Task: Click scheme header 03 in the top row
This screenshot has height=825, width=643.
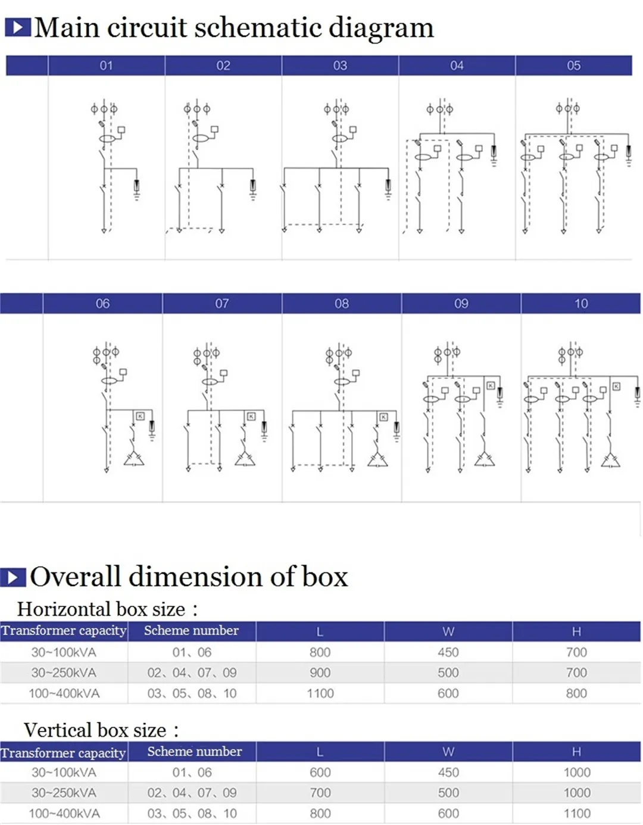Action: coord(340,66)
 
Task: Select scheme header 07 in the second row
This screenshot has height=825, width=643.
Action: coord(222,304)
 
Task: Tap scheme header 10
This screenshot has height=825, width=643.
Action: coord(581,304)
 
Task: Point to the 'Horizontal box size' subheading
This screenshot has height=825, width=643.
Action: coord(101,609)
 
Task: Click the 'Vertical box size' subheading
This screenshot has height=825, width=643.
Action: coord(95,730)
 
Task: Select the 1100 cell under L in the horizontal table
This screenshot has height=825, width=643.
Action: coord(320,693)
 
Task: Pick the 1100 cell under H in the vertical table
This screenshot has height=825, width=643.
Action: coord(576,813)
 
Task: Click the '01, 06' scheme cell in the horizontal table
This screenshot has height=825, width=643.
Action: coord(192,652)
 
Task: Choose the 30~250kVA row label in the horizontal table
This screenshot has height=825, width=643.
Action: coord(64,673)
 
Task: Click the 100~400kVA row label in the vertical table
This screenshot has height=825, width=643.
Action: coord(64,813)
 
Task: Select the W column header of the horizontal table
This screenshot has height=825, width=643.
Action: coord(448,631)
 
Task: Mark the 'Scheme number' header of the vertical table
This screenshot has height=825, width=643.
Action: coord(195,752)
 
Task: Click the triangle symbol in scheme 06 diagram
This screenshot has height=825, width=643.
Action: coord(133,459)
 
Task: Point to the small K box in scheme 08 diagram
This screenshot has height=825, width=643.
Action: coord(383,417)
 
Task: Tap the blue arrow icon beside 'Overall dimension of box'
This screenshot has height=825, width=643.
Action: coord(13,577)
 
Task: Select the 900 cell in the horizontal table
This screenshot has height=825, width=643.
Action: coord(320,673)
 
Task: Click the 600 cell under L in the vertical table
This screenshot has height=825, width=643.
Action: coord(320,773)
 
